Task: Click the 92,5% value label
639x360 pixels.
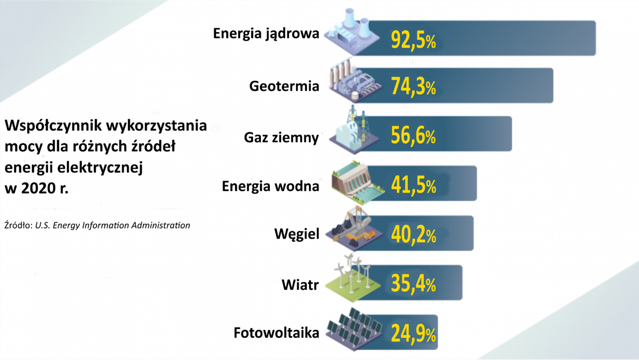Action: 413,40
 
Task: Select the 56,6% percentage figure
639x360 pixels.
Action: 413,136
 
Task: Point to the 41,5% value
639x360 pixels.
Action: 413,185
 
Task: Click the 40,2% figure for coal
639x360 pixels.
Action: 413,235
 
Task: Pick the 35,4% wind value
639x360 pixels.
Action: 413,284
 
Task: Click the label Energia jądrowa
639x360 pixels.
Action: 266,34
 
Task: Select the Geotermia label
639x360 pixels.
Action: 284,86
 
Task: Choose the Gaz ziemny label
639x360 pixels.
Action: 281,137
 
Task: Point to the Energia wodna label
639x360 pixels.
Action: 270,186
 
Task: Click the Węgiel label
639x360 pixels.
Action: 296,234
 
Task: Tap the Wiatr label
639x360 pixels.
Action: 300,284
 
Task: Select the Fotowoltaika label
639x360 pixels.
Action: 276,333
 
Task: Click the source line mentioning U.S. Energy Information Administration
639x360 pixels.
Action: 97,225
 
